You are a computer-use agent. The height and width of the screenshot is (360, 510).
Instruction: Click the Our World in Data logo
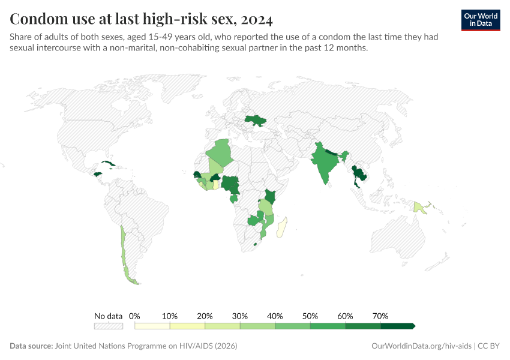481,20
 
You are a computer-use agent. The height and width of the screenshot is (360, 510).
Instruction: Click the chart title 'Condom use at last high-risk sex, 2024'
142,20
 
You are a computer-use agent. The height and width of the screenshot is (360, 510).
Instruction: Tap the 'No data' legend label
108,316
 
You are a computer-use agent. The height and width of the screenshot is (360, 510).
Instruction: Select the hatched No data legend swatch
108,326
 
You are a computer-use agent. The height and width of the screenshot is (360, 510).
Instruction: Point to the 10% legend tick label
170,316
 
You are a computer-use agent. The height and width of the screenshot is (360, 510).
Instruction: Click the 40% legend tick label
275,316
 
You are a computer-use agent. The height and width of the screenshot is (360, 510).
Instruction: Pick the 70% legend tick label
380,316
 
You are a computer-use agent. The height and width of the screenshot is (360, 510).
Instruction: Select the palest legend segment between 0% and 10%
152,326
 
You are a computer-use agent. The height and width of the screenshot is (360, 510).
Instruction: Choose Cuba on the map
108,164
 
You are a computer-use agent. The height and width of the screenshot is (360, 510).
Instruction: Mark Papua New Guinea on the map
419,208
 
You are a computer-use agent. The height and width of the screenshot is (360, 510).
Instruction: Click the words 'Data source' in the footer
31,346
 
